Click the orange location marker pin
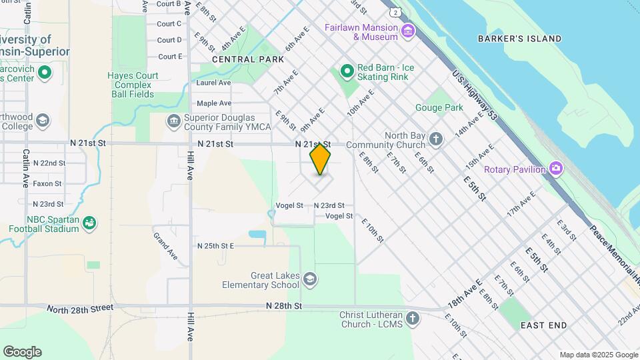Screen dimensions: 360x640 click(x=320, y=159)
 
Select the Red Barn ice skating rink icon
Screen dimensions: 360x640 click(x=347, y=71)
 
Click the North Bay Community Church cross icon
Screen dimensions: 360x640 click(x=435, y=139)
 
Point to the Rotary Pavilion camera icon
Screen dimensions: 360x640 click(x=557, y=169)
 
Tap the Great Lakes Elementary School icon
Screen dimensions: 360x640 click(x=309, y=279)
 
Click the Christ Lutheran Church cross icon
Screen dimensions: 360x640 click(x=413, y=318)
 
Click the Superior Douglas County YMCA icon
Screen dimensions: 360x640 click(x=173, y=121)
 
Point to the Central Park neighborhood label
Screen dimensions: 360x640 click(x=243, y=59)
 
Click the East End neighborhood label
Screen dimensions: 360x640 click(x=543, y=325)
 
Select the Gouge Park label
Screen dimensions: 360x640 click(x=439, y=107)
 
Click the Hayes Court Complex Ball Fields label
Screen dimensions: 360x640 click(x=133, y=85)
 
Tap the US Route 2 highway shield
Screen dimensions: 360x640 click(x=396, y=12)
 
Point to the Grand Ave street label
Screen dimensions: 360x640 click(x=165, y=245)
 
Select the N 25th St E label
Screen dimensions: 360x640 click(x=215, y=246)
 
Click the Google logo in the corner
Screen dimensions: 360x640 click(x=22, y=351)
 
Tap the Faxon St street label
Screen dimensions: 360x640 click(x=47, y=183)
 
